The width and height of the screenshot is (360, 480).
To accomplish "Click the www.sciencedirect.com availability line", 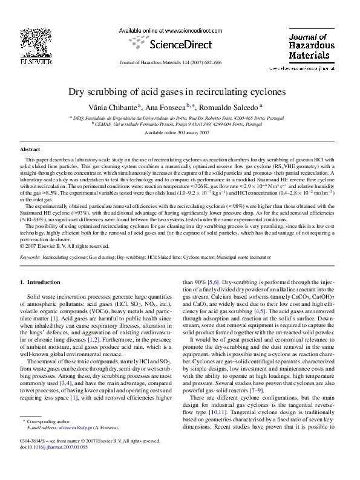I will (x=173, y=30).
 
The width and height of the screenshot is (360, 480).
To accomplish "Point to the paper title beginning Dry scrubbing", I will (x=180, y=92).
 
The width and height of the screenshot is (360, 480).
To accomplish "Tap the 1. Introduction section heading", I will (x=41, y=282).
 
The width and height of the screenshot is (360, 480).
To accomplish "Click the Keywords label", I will (x=30, y=257).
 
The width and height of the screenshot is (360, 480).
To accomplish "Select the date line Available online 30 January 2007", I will (x=180, y=131).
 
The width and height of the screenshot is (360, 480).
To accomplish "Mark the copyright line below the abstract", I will (x=64, y=246).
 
